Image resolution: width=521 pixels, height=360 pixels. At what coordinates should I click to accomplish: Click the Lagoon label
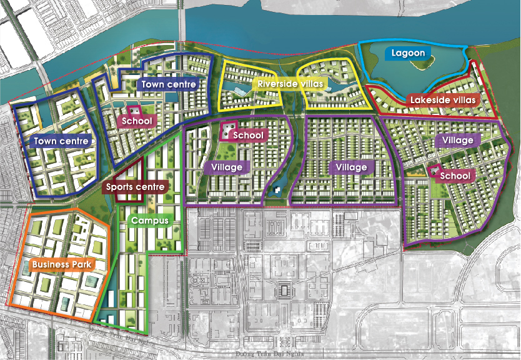(409, 53)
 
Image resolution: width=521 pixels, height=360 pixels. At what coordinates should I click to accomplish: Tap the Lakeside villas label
(444, 100)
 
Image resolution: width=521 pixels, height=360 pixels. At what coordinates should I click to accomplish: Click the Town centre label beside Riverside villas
(169, 84)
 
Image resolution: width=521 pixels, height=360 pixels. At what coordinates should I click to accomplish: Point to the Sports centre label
(135, 186)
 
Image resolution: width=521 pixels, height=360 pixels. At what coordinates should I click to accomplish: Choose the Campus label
(149, 221)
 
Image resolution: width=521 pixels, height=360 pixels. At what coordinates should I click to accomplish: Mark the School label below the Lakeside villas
(454, 176)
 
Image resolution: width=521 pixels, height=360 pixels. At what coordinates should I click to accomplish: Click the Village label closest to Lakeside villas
(457, 141)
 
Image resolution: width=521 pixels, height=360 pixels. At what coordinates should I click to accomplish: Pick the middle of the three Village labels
(351, 167)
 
